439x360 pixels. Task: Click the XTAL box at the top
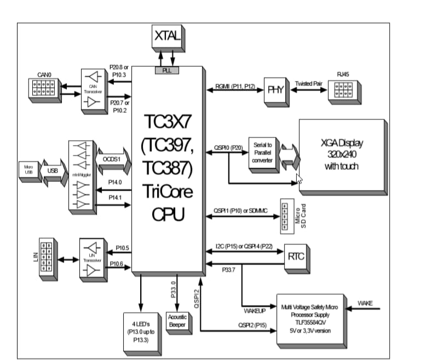(168, 37)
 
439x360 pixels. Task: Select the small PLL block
(167, 70)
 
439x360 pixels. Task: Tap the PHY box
(275, 89)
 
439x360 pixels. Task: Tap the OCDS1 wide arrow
(113, 159)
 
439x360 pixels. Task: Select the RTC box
(296, 256)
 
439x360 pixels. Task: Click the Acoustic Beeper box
(177, 321)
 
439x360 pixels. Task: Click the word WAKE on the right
(365, 303)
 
